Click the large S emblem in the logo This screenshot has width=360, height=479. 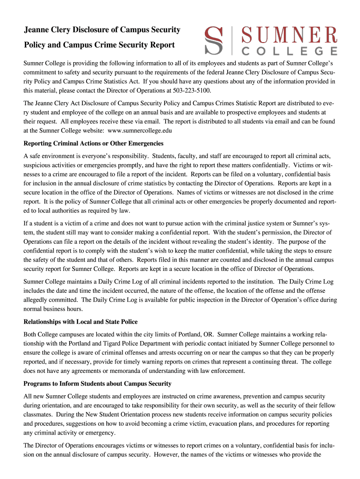pyautogui.click(x=214, y=41)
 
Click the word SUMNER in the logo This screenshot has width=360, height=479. pyautogui.click(x=288, y=36)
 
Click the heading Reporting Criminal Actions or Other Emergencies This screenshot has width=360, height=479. pyautogui.click(x=93, y=143)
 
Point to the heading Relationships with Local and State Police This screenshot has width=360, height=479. pyautogui.click(x=80, y=322)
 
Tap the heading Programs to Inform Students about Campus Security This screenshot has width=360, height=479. pyautogui.click(x=97, y=384)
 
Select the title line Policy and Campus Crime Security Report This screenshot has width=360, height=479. pyautogui.click(x=99, y=45)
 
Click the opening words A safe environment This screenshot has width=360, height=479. pyautogui.click(x=49, y=156)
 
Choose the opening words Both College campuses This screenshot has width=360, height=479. pyautogui.click(x=58, y=335)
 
